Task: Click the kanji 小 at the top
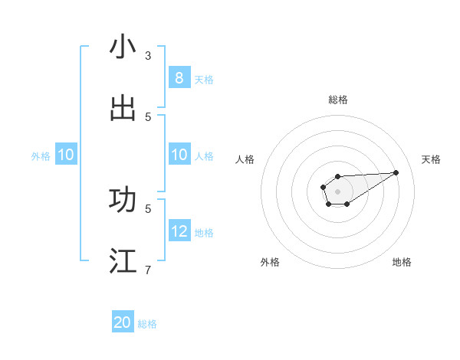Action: pyautogui.click(x=123, y=47)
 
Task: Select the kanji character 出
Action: pyautogui.click(x=123, y=108)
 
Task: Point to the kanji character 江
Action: pyautogui.click(x=123, y=260)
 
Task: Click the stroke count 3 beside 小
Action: pyautogui.click(x=148, y=55)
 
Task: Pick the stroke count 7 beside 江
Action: pyautogui.click(x=148, y=270)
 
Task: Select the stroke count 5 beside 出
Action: pyautogui.click(x=148, y=116)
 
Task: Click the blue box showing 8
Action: pyautogui.click(x=179, y=78)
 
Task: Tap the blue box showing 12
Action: pyautogui.click(x=179, y=231)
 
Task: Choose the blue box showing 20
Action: pyautogui.click(x=123, y=322)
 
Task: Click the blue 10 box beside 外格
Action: pyautogui.click(x=66, y=155)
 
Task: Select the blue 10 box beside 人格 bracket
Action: pyautogui.click(x=179, y=155)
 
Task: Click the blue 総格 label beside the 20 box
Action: pyautogui.click(x=148, y=324)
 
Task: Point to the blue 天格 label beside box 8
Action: pyautogui.click(x=204, y=79)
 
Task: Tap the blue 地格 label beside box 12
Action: pyautogui.click(x=204, y=232)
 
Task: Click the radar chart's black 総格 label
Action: pyautogui.click(x=337, y=100)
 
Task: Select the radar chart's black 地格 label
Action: pyautogui.click(x=402, y=262)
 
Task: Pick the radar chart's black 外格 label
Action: pyautogui.click(x=270, y=262)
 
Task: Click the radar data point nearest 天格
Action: pyautogui.click(x=396, y=172)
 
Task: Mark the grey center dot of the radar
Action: pyautogui.click(x=337, y=191)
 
